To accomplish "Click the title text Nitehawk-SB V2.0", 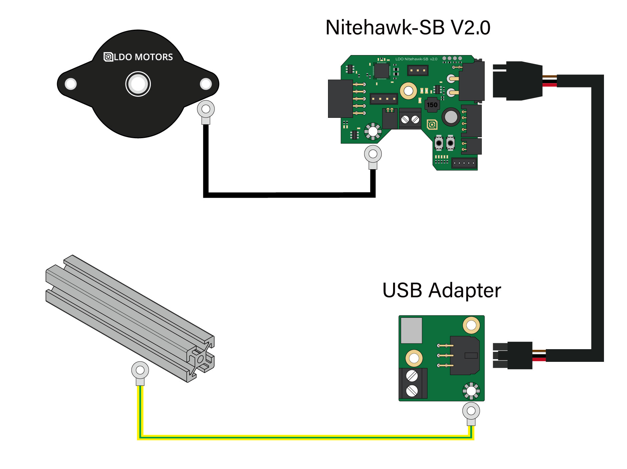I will coord(407,27).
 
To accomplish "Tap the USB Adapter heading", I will coord(441,290).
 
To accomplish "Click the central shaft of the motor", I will coord(138,84).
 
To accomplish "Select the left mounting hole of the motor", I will coord(71,84).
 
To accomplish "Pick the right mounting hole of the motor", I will coord(206,84).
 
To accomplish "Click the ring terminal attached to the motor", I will coord(206,109).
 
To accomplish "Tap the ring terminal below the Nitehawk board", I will coord(373,155).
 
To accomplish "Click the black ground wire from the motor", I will coord(287,195).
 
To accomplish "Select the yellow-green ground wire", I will coord(300,437).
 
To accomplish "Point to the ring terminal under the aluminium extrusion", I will coord(140,371).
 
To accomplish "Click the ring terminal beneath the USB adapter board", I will coord(471,412).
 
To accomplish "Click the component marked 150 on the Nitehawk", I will coord(432,105).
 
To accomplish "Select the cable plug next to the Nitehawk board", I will coord(517,81).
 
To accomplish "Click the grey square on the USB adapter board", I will coord(411,330).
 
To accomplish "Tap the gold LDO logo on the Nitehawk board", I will coord(432,125).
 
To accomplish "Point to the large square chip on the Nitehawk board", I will coord(381,70).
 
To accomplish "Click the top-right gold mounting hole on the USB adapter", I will coord(471,325).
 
